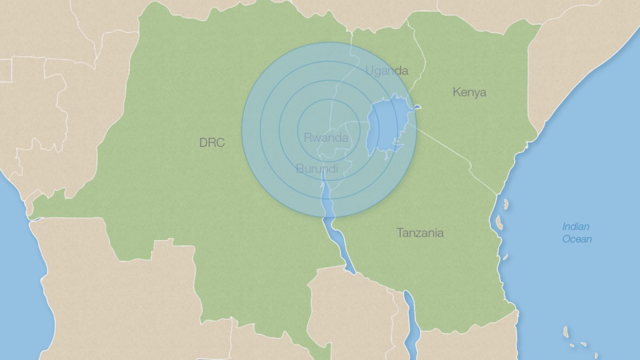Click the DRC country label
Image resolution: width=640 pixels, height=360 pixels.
tap(212, 142)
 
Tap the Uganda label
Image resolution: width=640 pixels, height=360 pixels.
tap(387, 71)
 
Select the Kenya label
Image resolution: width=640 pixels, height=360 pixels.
tap(469, 92)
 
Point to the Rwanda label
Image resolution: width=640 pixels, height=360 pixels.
tap(326, 138)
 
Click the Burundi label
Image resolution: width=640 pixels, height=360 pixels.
tap(317, 169)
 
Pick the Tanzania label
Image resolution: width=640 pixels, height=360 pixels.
tap(420, 233)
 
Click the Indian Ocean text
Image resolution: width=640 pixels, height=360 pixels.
tap(577, 233)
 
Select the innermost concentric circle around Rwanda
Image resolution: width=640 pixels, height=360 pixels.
tap(329, 130)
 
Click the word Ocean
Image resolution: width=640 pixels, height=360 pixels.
tap(577, 239)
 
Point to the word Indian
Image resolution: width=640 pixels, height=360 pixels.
tap(576, 226)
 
